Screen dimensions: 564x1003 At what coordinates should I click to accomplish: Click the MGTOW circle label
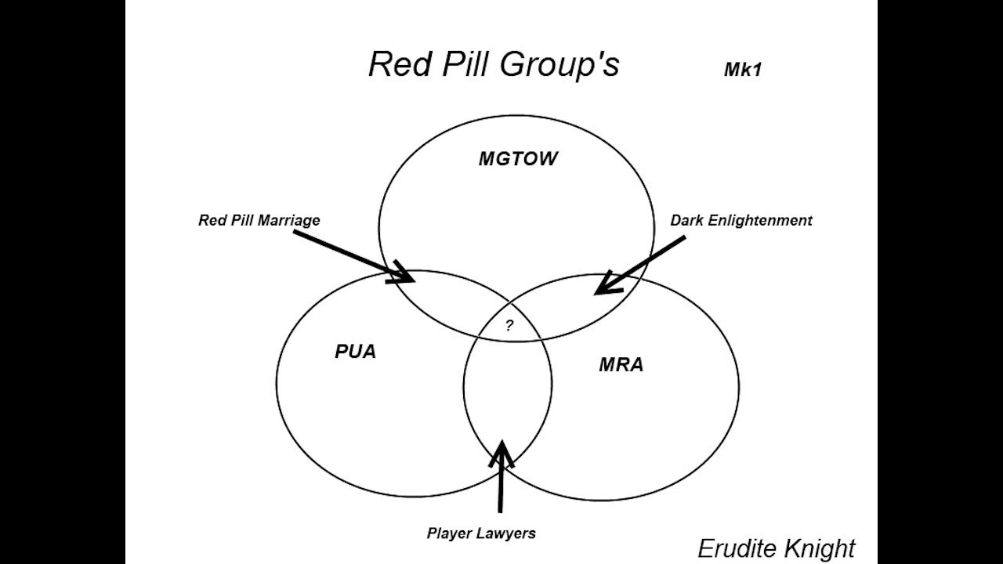[x=518, y=159]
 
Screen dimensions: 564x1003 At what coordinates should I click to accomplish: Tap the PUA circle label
[x=355, y=352]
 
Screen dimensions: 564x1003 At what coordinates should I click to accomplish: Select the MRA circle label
[x=621, y=364]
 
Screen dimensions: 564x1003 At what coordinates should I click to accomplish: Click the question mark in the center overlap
[x=509, y=326]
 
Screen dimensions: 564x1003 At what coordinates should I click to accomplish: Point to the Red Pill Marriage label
[x=259, y=220]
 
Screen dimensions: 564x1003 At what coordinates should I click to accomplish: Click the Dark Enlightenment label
[x=740, y=220]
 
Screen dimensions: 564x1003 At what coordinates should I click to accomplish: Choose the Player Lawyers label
[x=481, y=533]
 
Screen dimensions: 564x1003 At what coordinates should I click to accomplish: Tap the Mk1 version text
[x=742, y=70]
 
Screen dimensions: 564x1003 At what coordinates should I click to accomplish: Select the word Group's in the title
[x=559, y=65]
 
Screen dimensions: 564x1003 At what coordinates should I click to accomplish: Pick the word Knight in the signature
[x=820, y=548]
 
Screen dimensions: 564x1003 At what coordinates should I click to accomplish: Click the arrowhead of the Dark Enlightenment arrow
[x=603, y=286]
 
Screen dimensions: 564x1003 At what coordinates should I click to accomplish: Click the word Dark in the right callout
[x=687, y=220]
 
